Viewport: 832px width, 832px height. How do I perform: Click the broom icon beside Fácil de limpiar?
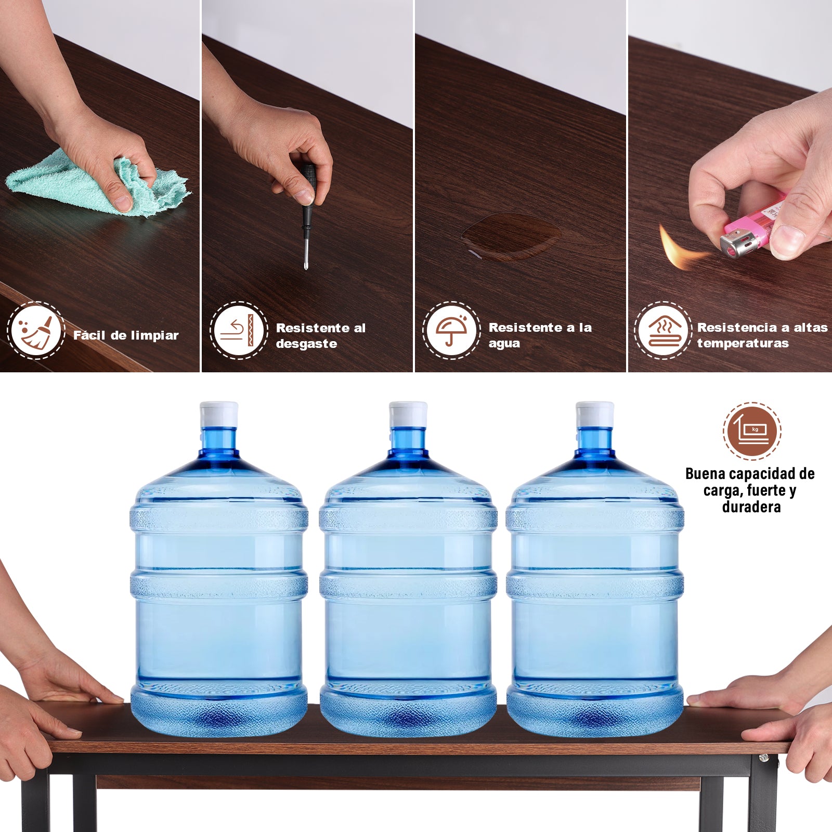(x=36, y=330)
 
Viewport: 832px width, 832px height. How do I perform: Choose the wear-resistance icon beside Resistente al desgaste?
(x=239, y=330)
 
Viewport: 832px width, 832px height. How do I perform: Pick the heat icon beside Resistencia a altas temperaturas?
(x=663, y=330)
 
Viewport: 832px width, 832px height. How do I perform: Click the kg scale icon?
(x=752, y=431)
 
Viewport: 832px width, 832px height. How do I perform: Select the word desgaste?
(x=306, y=344)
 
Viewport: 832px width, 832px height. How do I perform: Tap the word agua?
(x=504, y=344)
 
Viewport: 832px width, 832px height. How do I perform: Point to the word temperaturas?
(x=743, y=343)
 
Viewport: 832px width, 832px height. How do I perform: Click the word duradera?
(x=751, y=507)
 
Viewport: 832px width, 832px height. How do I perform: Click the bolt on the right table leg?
(x=763, y=758)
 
